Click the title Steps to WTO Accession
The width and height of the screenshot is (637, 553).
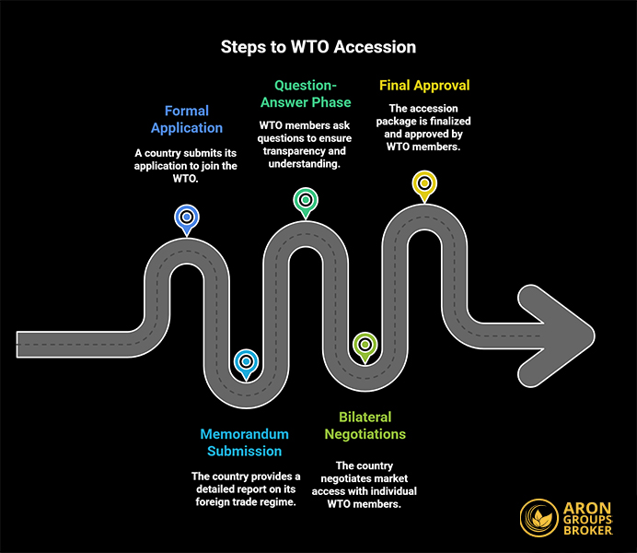tap(318, 47)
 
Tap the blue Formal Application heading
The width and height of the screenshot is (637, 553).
tap(187, 119)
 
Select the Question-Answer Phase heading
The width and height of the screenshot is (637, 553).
tap(305, 93)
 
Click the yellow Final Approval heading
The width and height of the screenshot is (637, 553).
tap(424, 85)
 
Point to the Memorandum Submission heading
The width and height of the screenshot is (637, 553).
tap(244, 442)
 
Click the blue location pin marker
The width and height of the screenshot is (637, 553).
tap(187, 218)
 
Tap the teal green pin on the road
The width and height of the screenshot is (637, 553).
tap(305, 199)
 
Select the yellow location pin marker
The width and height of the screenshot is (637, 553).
tap(423, 182)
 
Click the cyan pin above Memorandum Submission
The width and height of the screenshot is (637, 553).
tap(245, 362)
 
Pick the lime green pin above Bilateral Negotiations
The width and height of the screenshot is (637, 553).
tap(365, 345)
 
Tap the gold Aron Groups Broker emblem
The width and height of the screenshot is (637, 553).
tap(539, 518)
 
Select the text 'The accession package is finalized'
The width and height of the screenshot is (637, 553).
tap(424, 121)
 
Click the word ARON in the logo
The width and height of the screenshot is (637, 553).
tap(594, 506)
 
